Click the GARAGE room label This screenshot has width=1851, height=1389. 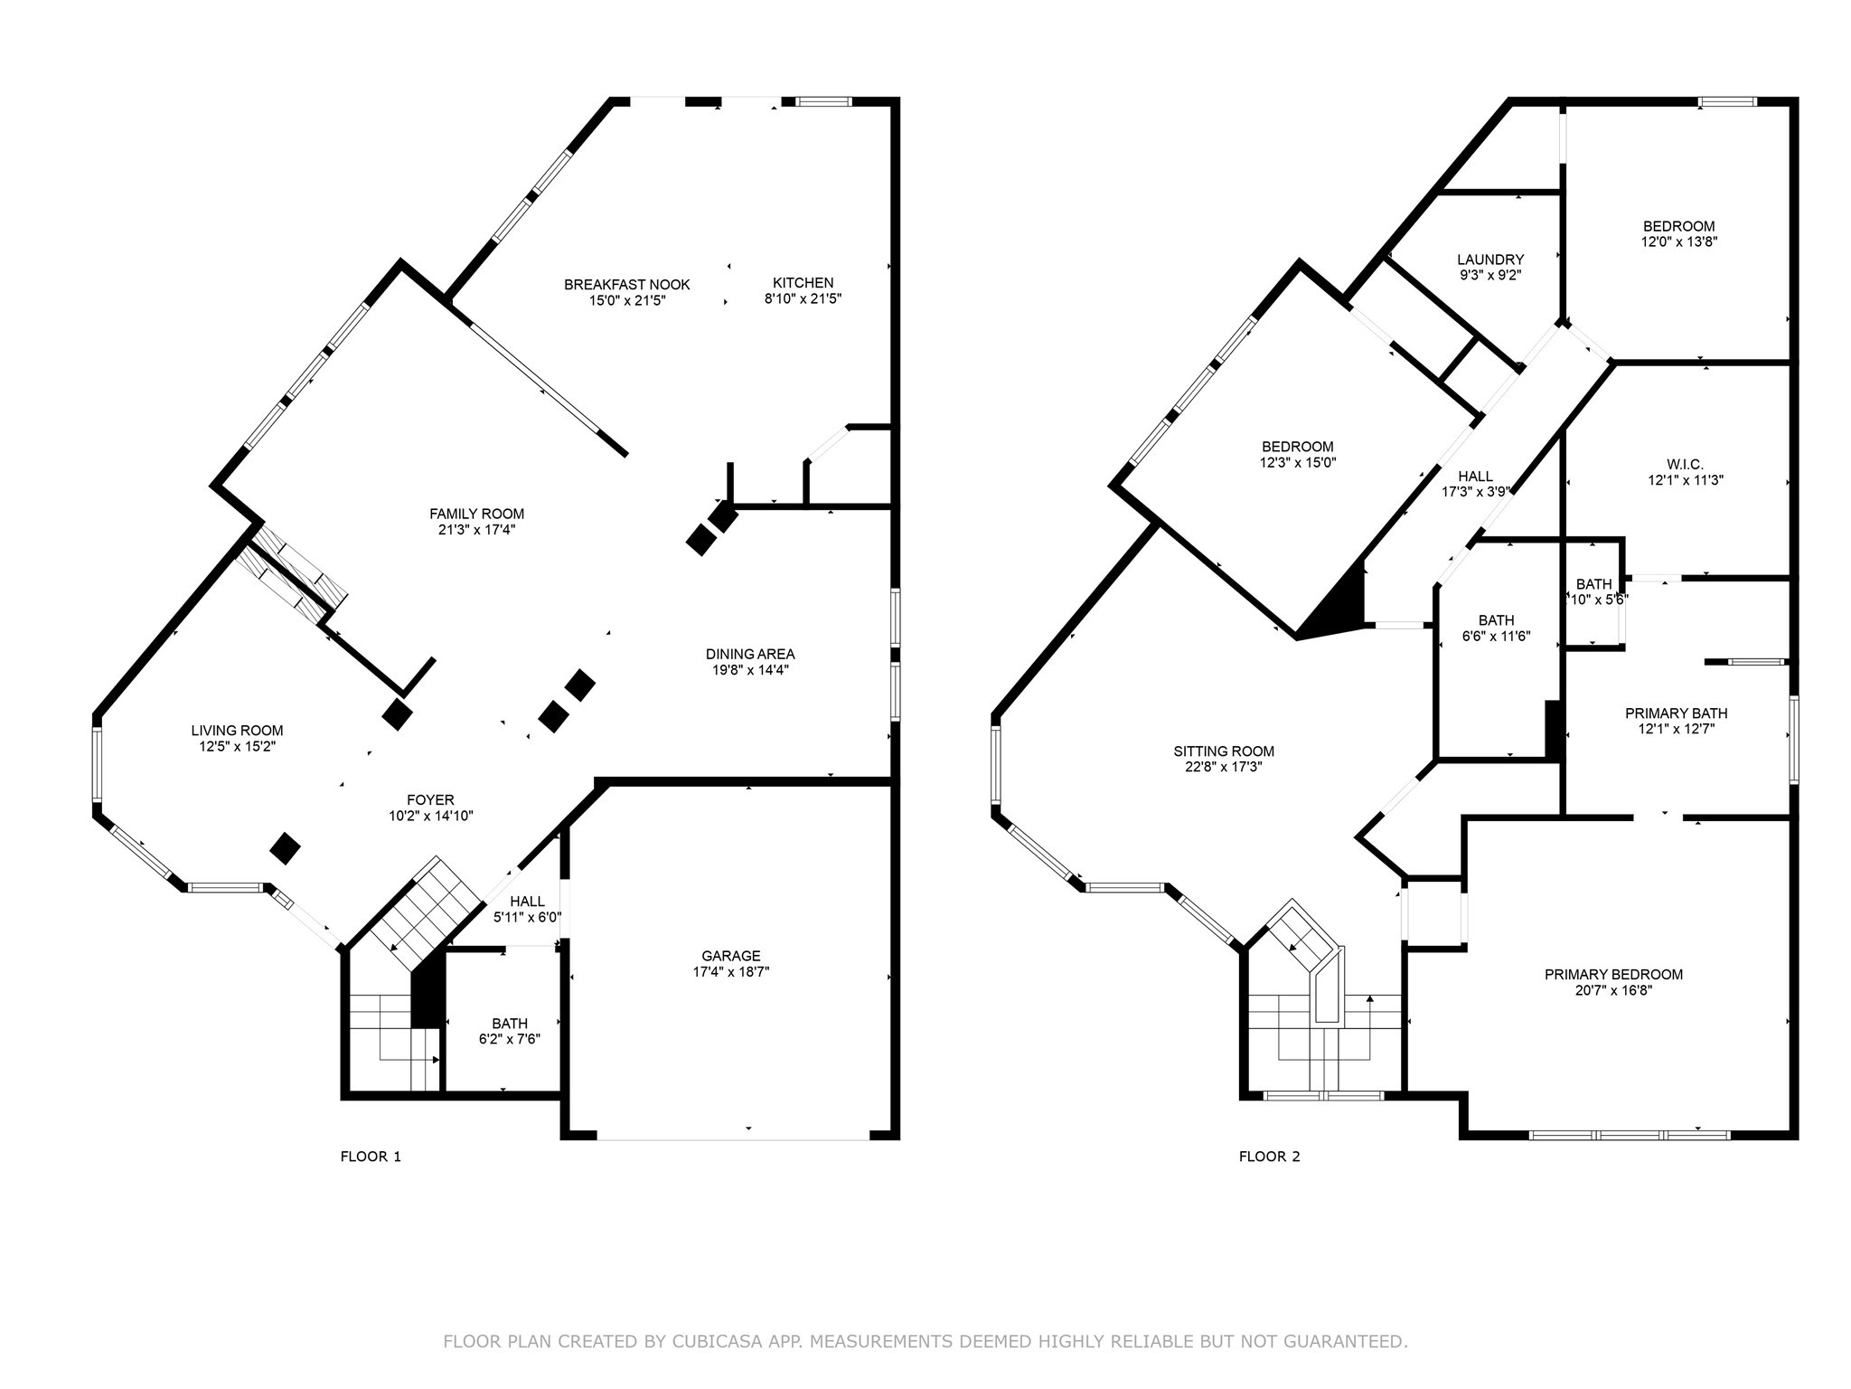pyautogui.click(x=730, y=956)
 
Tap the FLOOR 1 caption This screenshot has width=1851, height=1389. pyautogui.click(x=371, y=1157)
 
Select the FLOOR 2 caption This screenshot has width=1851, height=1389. pyautogui.click(x=1269, y=1157)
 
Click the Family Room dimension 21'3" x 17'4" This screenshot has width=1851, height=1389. pyautogui.click(x=476, y=530)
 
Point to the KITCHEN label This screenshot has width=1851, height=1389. pyautogui.click(x=803, y=283)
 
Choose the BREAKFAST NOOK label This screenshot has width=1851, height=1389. pyautogui.click(x=626, y=285)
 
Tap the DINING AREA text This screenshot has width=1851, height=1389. pyautogui.click(x=750, y=654)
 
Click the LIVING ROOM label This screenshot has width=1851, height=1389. pyautogui.click(x=237, y=731)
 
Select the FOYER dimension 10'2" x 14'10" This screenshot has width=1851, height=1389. pyautogui.click(x=430, y=816)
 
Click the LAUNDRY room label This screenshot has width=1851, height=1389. pyautogui.click(x=1490, y=260)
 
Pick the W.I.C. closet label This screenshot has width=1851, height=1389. pyautogui.click(x=1686, y=465)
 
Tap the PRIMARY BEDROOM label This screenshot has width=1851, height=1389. pyautogui.click(x=1613, y=975)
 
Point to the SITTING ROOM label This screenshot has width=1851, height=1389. pyautogui.click(x=1224, y=751)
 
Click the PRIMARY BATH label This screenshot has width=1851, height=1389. pyautogui.click(x=1677, y=713)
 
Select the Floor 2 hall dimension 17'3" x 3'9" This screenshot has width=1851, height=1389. pyautogui.click(x=1475, y=492)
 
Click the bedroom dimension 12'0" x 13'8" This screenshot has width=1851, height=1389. pyautogui.click(x=1678, y=242)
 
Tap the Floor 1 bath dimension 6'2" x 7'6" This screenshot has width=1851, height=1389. pyautogui.click(x=510, y=1040)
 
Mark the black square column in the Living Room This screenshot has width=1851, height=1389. pyautogui.click(x=286, y=848)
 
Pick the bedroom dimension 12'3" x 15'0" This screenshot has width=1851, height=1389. pyautogui.click(x=1297, y=462)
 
